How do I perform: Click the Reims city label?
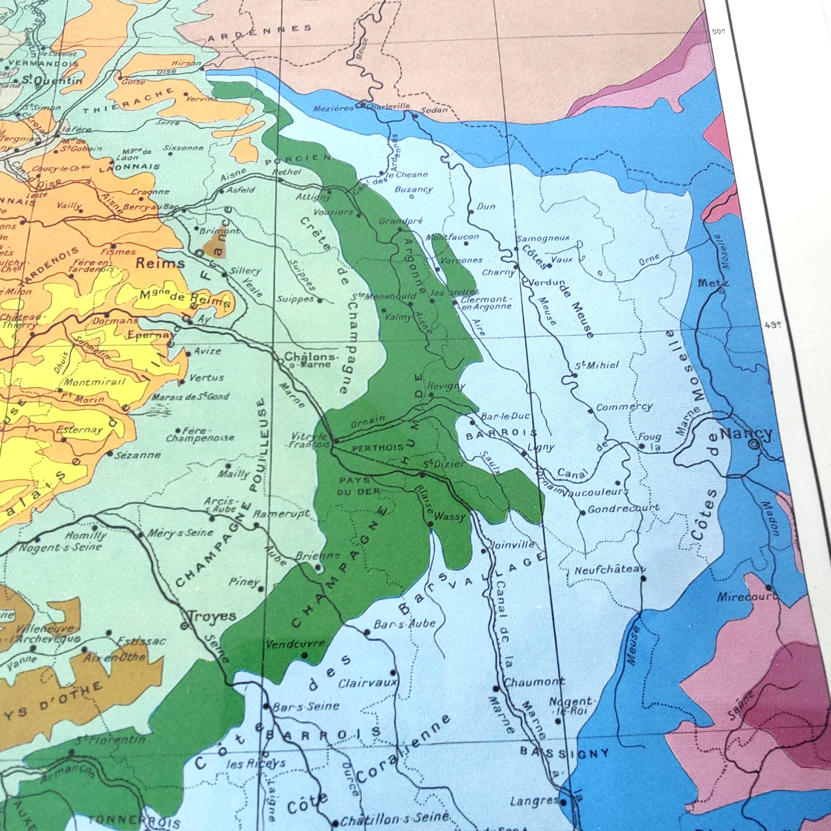160,263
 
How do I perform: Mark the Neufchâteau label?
610,570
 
